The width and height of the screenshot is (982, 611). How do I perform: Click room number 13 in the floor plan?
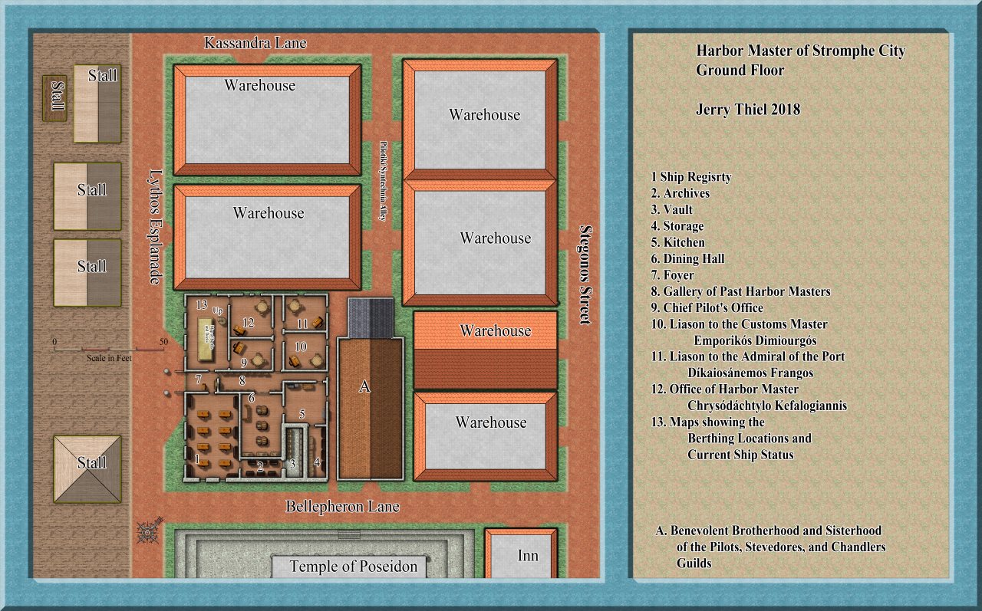202,305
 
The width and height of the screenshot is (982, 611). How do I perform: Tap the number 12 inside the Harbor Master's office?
248,322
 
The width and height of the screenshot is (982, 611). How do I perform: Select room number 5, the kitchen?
302,414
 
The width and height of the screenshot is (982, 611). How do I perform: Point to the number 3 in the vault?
292,464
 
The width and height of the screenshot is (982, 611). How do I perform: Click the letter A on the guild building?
364,388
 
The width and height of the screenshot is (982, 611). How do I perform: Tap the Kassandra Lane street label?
255,43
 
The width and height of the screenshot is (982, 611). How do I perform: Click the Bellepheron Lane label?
342,507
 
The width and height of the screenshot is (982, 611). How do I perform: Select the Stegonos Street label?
585,274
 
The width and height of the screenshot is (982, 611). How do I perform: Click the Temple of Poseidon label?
353,567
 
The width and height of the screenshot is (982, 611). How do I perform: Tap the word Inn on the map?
528,556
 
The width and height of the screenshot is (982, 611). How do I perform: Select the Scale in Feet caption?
107,358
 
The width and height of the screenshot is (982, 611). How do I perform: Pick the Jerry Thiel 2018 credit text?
748,110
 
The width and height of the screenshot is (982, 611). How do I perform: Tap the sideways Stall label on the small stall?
55,97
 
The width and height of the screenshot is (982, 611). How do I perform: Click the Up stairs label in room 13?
218,312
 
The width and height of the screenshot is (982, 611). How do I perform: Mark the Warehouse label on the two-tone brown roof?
495,331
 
